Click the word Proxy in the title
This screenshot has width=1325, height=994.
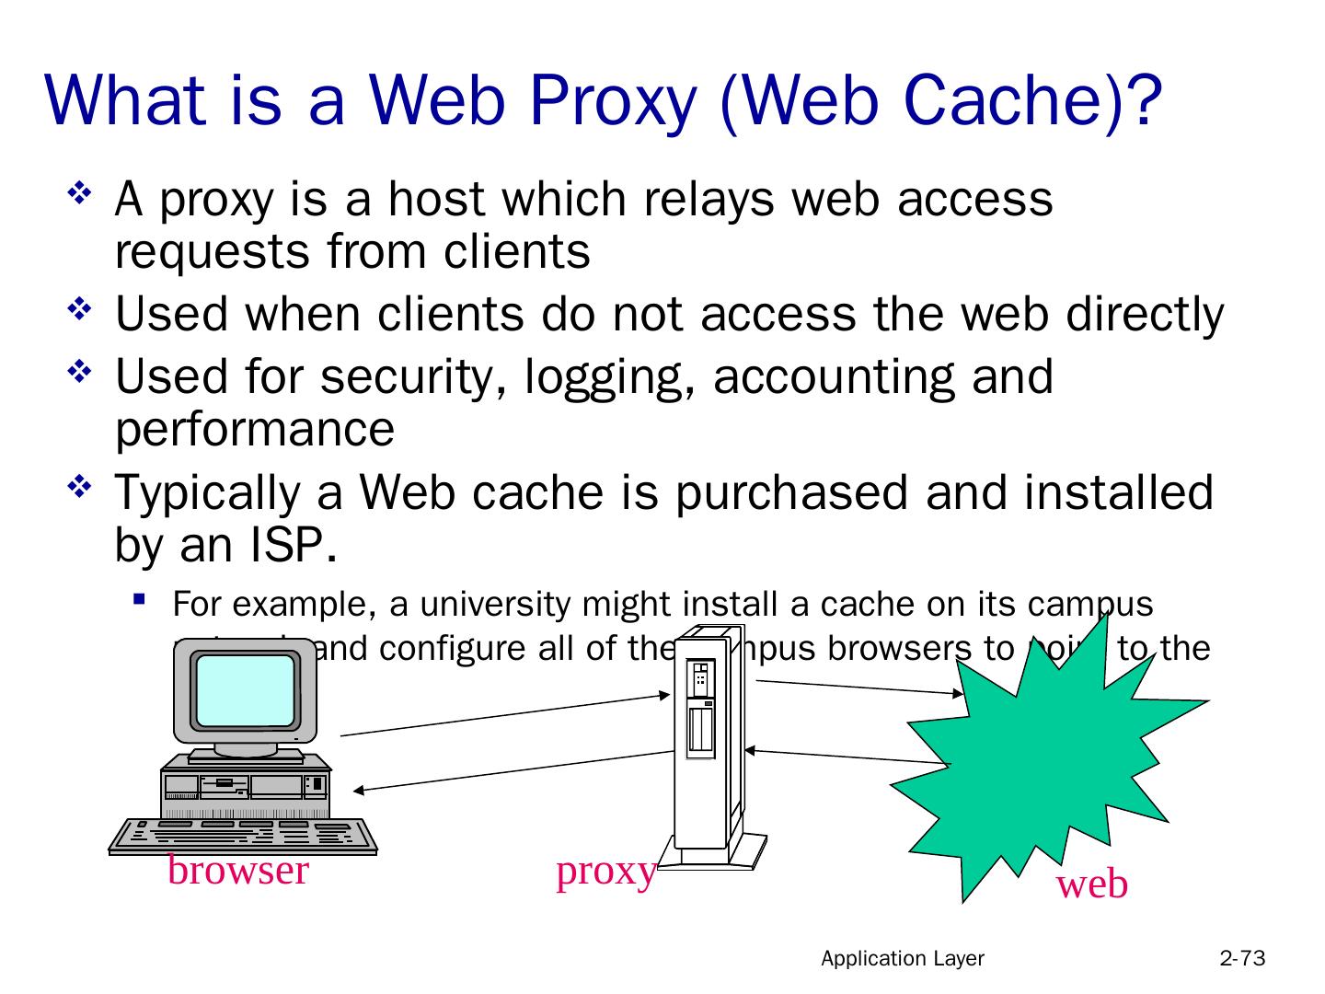[608, 100]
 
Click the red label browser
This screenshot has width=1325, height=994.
[237, 870]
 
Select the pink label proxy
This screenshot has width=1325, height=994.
[605, 871]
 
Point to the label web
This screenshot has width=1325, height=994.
[1091, 884]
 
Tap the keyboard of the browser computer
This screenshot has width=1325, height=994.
[243, 835]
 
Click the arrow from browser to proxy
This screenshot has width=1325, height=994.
[506, 715]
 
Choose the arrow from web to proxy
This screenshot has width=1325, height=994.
[847, 756]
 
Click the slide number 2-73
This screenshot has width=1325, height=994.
[1242, 959]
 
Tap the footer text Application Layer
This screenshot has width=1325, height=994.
[902, 959]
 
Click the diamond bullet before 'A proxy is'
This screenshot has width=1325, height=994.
[78, 194]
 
